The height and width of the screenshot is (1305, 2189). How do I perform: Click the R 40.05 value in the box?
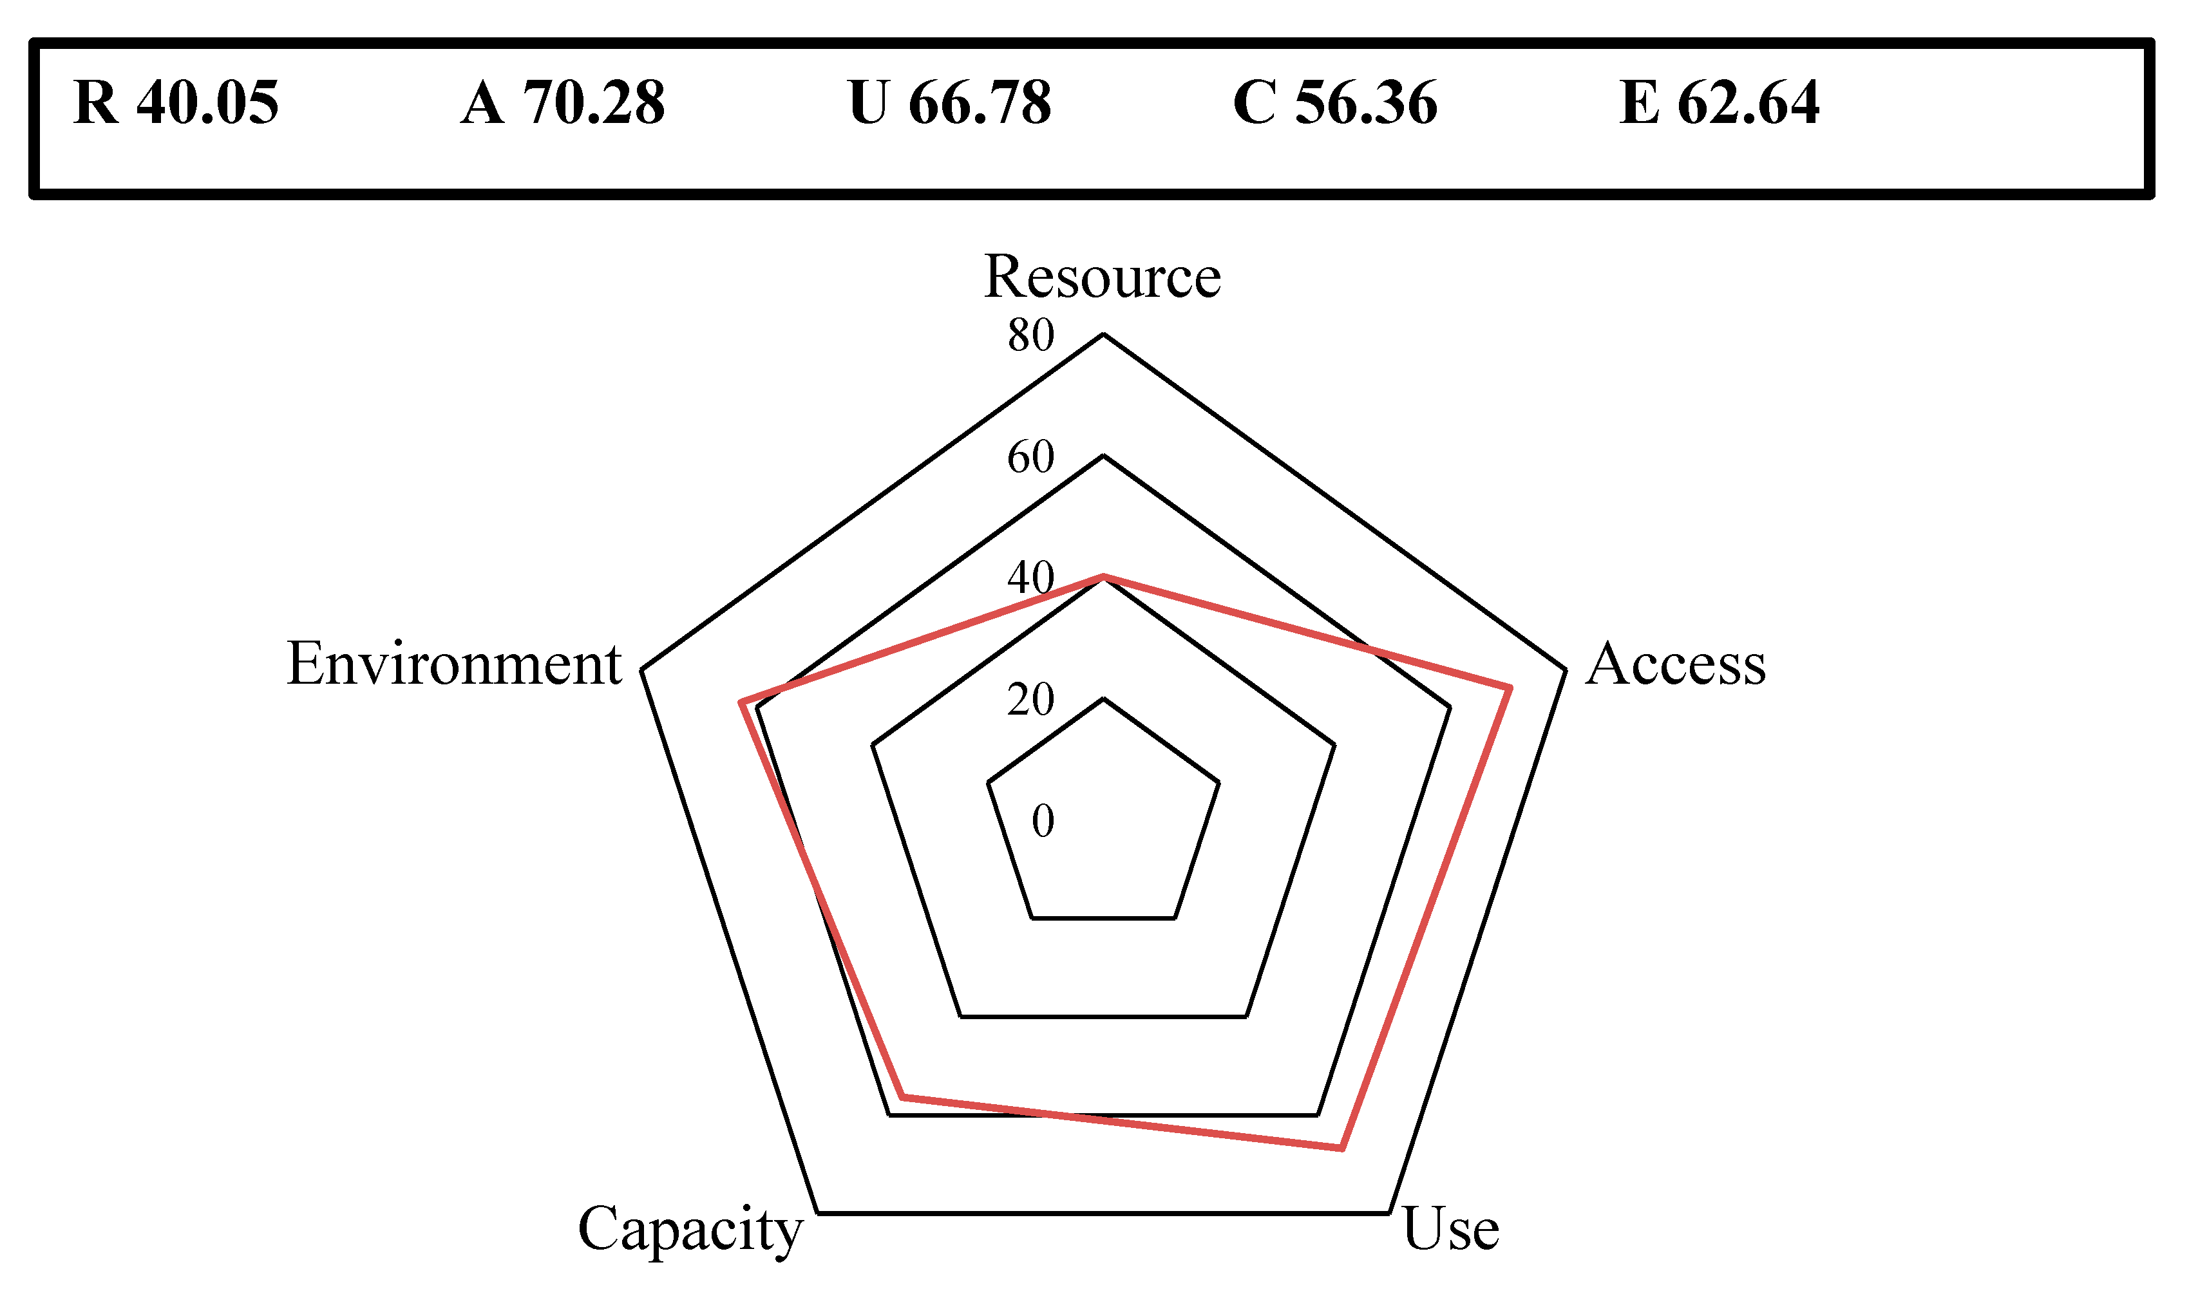pos(176,103)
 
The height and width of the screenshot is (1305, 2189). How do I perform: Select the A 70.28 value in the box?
pos(563,103)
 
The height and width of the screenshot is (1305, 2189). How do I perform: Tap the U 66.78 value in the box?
pos(950,103)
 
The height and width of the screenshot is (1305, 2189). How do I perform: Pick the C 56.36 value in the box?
pos(1335,103)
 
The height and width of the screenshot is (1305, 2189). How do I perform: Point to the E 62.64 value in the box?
pos(1720,103)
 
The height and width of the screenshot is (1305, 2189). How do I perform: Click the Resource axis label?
pos(1102,276)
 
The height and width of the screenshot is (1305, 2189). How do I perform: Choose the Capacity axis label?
pos(690,1230)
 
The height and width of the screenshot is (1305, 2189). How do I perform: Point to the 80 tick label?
pos(1030,335)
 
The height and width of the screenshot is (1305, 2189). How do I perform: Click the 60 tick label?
pos(1030,457)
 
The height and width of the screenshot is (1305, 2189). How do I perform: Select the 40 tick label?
pos(1030,577)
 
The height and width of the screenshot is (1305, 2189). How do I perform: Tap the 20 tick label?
pos(1030,700)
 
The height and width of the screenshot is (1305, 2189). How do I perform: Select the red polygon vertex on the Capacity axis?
pos(902,1096)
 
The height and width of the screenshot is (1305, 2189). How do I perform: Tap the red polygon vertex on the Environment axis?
pos(741,702)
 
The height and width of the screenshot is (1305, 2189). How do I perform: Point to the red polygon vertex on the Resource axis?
pos(1103,577)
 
